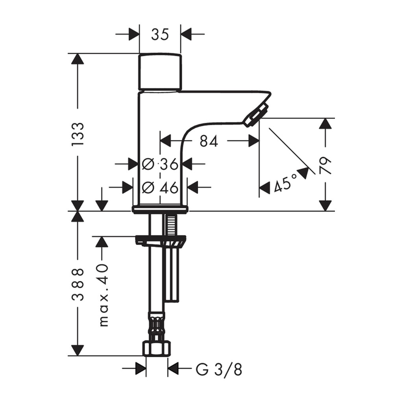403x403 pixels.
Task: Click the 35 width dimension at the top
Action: pos(160,35)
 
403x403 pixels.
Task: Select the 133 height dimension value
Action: pos(78,134)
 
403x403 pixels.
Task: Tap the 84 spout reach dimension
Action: pos(209,141)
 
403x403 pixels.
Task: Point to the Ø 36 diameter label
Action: pos(160,164)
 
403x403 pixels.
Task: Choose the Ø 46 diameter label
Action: pos(160,187)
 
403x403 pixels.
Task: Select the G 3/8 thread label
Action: pos(219,370)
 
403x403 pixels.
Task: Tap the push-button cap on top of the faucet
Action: pos(160,72)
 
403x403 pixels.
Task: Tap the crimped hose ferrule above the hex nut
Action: pos(157,325)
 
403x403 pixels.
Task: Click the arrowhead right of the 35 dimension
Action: pos(186,34)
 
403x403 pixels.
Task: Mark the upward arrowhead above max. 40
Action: pos(102,242)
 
